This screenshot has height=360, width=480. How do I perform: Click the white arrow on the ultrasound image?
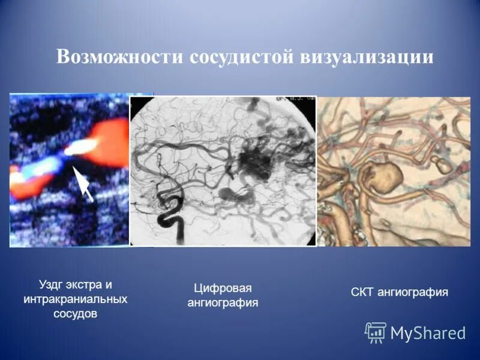pyautogui.click(x=83, y=183)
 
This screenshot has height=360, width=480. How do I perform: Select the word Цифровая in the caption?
pyautogui.click(x=223, y=288)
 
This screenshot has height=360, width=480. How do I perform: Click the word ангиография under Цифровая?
pyautogui.click(x=223, y=303)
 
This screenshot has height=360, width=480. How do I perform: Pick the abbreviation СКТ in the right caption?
pyautogui.click(x=363, y=293)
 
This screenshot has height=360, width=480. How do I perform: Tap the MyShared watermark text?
pyautogui.click(x=428, y=333)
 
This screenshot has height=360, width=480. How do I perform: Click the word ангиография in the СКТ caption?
pyautogui.click(x=413, y=293)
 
